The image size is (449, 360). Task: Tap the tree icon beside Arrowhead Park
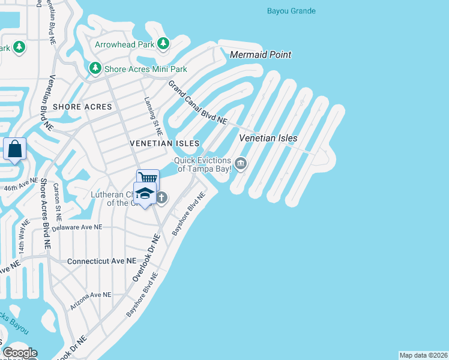[163, 44]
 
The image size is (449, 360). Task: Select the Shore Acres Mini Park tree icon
[95, 69]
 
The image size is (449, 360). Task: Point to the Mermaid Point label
[261, 55]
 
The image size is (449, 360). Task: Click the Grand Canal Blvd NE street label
[197, 103]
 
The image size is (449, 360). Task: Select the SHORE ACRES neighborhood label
[82, 107]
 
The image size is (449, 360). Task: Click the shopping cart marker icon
[148, 178]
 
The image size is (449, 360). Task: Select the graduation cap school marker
[145, 193]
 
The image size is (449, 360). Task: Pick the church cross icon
[161, 197]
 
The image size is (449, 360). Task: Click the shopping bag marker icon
[14, 148]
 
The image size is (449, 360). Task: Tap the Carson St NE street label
[59, 208]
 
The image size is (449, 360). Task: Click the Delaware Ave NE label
[77, 227]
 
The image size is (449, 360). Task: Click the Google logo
[20, 353]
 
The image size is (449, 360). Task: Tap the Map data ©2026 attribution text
[423, 355]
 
